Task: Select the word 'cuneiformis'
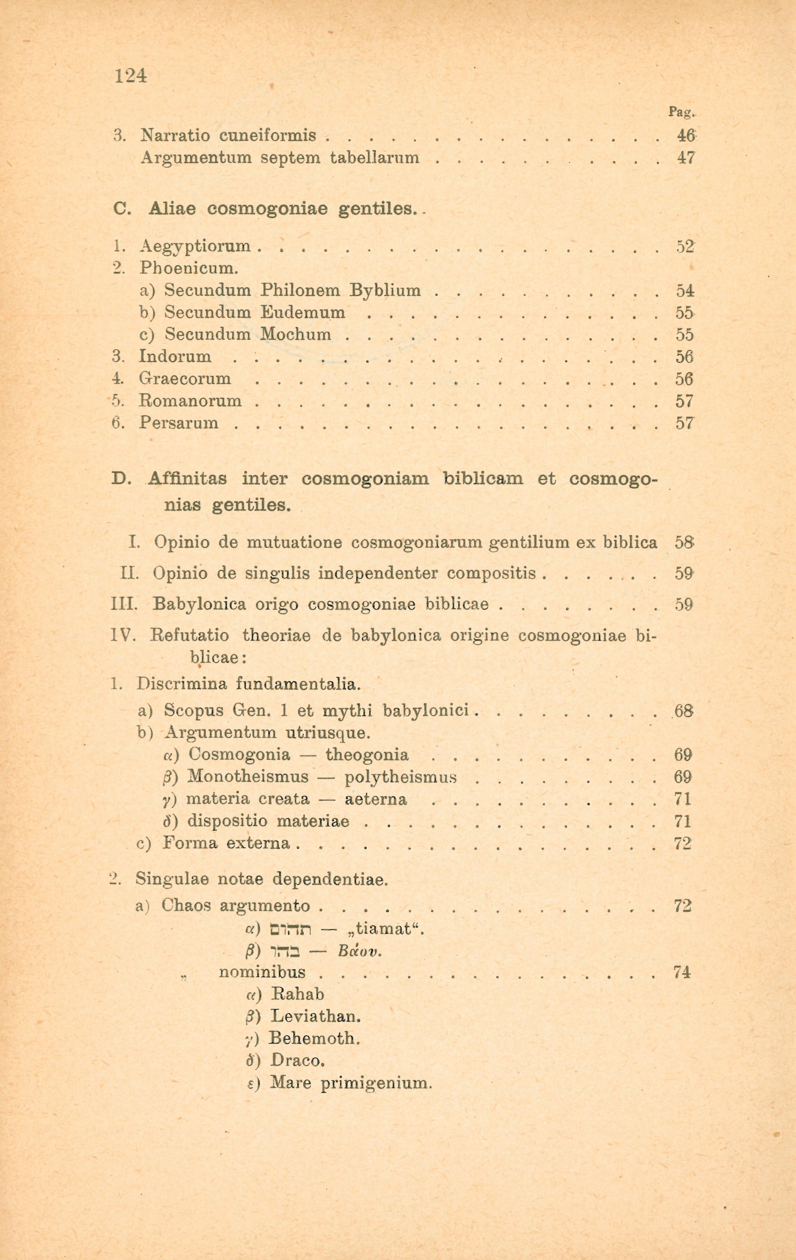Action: (268, 135)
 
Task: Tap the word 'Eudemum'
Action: (303, 312)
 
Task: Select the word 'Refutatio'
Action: (189, 636)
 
